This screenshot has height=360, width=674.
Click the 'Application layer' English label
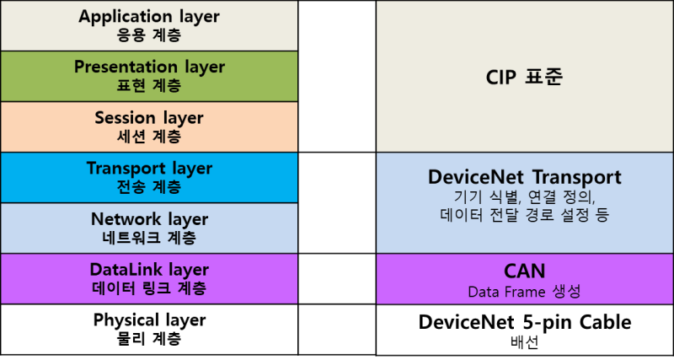click(149, 16)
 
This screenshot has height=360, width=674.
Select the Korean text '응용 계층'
click(149, 35)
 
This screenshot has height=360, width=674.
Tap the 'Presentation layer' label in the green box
click(149, 67)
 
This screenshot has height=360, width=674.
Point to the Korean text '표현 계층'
click(149, 86)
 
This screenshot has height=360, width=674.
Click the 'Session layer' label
click(149, 117)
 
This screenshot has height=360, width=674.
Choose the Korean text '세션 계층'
click(149, 137)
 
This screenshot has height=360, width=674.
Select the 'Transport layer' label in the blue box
click(149, 168)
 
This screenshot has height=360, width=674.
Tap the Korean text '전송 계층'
click(149, 187)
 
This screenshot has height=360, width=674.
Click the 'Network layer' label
click(149, 218)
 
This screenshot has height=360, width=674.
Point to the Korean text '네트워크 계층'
click(149, 238)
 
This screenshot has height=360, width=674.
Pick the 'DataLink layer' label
click(149, 270)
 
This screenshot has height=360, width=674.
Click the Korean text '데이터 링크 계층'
click(149, 288)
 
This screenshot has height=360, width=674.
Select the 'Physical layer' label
click(149, 320)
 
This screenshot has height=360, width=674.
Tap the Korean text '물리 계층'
click(149, 339)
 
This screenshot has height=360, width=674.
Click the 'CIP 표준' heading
click(524, 78)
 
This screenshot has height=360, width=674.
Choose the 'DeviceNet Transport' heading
click(524, 177)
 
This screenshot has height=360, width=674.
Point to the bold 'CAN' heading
click(524, 271)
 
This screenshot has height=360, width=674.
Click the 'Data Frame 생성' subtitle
click(524, 292)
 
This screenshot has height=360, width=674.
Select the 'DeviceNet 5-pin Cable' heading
click(524, 322)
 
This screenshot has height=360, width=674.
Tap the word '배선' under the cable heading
click(524, 342)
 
